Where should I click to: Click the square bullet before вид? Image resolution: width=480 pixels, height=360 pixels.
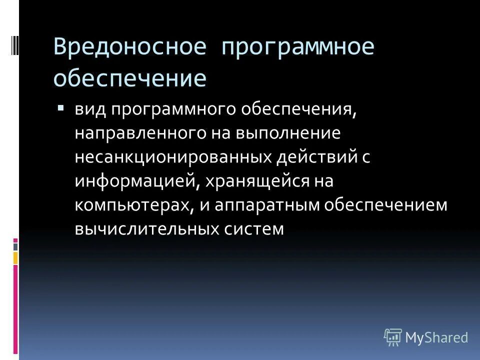tap(61, 108)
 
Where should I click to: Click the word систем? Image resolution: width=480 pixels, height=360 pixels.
tap(253, 229)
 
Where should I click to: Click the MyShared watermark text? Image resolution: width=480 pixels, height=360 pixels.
tap(436, 337)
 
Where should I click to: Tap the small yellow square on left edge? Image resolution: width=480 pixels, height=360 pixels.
tap(15, 257)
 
